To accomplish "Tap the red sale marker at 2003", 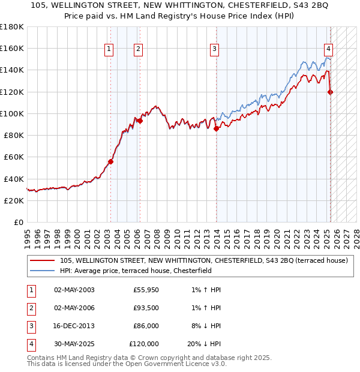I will click(x=111, y=161).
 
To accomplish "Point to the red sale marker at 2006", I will click(x=140, y=121).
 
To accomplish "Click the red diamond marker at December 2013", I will click(x=217, y=128).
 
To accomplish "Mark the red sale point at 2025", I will click(x=331, y=92).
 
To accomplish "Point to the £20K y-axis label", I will click(x=14, y=200).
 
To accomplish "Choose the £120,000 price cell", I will click(x=144, y=344).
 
